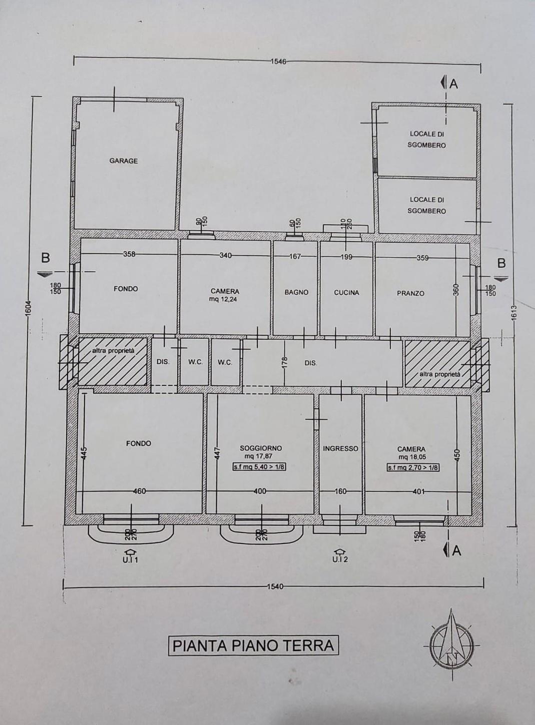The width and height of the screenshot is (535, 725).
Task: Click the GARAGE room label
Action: [123, 161]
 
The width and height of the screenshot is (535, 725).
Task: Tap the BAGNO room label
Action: [296, 292]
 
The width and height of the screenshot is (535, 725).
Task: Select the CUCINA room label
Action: [346, 293]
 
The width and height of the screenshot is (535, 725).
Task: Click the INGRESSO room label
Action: [340, 449]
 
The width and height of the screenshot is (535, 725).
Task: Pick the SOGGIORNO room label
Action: [261, 448]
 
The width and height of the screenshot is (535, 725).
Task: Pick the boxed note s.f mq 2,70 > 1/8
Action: [412, 468]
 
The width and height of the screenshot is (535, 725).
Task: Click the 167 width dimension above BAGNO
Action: [295, 257]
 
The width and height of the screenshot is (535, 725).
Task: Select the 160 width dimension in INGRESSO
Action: [340, 491]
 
